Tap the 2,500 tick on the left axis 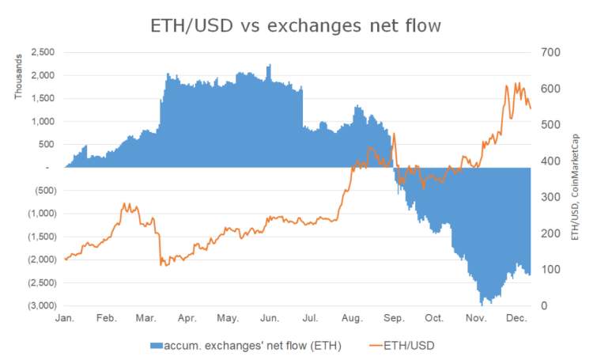pos(40,52)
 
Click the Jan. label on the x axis pos(66,318)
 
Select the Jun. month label pos(270,318)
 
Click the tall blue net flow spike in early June pos(269,68)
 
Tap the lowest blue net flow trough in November pos(481,303)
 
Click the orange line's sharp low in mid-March pos(161,264)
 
